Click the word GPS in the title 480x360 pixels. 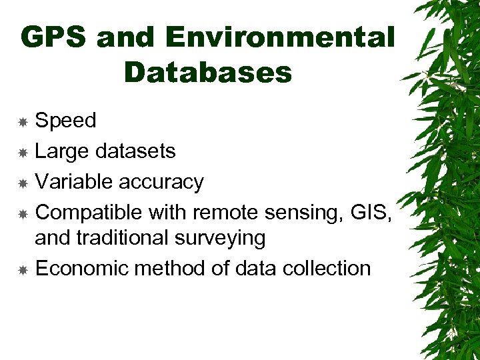point(55,38)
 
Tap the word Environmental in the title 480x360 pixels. point(279,38)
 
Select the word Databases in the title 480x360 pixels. point(208,73)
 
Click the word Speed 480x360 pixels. point(65,121)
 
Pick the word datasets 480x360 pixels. point(135,151)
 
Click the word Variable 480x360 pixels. point(73,181)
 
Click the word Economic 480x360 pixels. point(81,268)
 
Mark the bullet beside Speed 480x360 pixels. point(23,122)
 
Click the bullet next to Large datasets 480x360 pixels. point(23,153)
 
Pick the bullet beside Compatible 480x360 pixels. point(23,214)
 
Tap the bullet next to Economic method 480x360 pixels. point(23,270)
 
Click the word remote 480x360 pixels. point(226,213)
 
